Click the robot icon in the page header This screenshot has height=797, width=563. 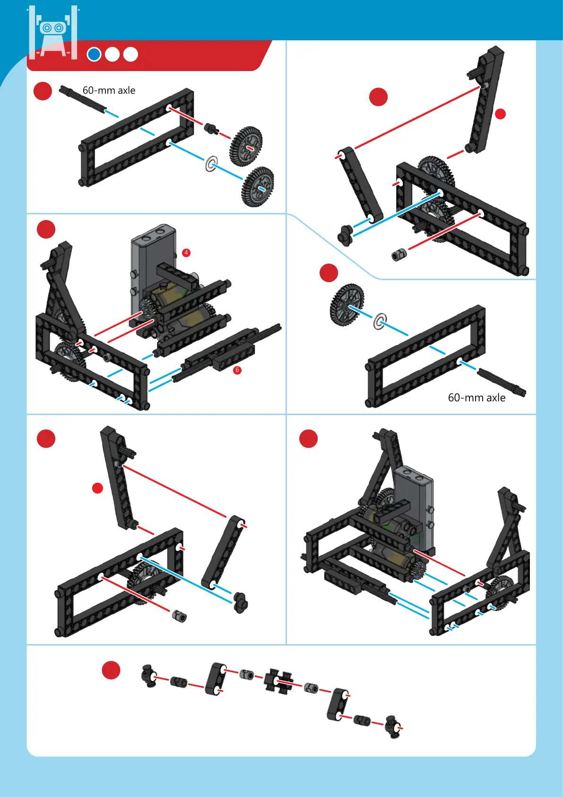point(53,33)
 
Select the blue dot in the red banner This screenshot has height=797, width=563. point(94,54)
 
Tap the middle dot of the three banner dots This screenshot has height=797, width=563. point(113,54)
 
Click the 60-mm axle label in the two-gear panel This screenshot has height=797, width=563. point(109,90)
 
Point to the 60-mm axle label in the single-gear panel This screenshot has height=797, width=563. point(476,398)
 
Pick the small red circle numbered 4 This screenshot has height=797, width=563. point(186,253)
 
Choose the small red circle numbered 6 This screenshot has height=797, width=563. point(237,370)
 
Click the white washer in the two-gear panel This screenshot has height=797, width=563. point(211,164)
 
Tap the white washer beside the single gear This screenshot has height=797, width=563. point(380,321)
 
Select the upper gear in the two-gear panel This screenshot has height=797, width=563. point(246,146)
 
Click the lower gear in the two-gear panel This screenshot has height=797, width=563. point(258,187)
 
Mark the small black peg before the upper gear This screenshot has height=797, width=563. point(211,128)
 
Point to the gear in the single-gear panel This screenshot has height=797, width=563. point(347,304)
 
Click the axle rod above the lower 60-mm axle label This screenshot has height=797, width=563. point(501,382)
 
